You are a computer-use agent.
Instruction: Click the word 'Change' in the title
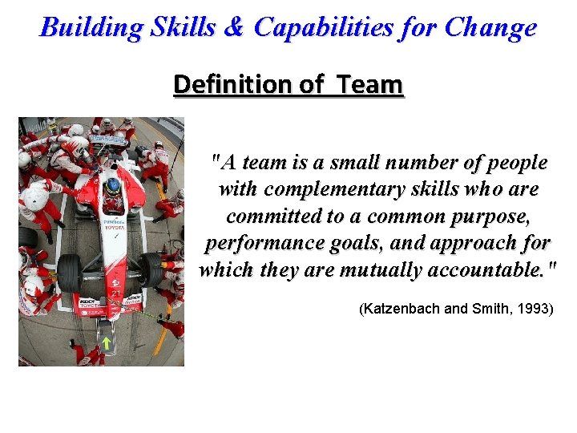(x=490, y=28)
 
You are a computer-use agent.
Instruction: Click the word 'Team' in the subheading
(x=369, y=84)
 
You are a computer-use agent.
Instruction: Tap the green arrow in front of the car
(x=105, y=344)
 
